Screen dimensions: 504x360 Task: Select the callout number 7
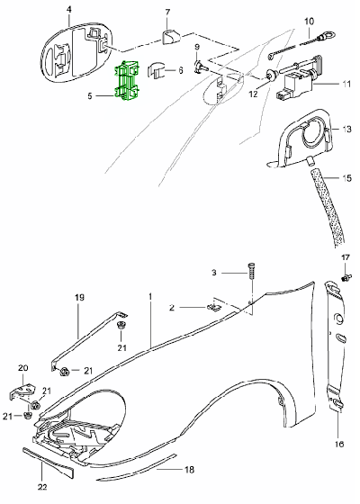(x=166, y=12)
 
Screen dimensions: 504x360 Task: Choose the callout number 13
(x=346, y=130)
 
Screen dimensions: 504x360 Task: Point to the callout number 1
(x=150, y=296)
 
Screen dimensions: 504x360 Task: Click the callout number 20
(x=23, y=368)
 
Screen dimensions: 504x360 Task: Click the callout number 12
(x=253, y=94)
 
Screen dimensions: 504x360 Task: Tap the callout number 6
(x=180, y=69)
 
